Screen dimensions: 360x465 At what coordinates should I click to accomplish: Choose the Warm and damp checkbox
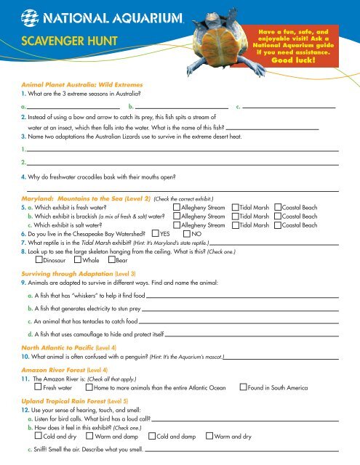point(89,437)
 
